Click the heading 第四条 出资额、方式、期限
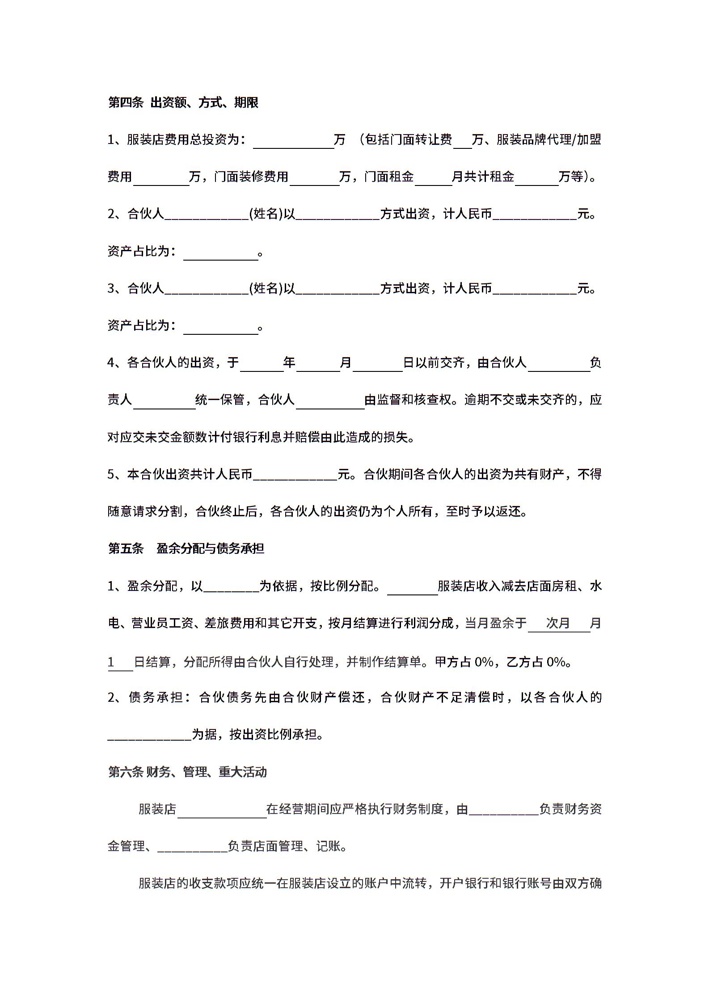point(183,103)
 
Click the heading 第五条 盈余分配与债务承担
point(186,548)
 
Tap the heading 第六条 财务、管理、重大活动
point(187,771)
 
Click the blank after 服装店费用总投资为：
point(293,140)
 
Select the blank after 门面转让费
point(462,140)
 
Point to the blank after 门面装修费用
point(314,177)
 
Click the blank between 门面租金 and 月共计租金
point(433,177)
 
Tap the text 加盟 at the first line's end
point(589,139)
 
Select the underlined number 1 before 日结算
point(111,662)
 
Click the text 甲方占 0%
point(464,662)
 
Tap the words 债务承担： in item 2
point(156,697)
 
